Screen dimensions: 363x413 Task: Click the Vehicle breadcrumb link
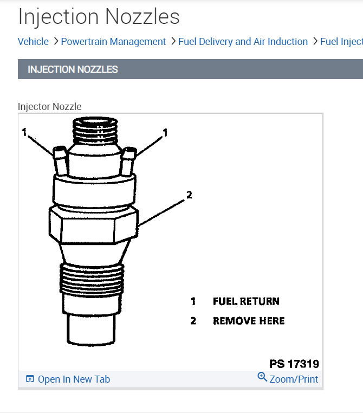coord(33,42)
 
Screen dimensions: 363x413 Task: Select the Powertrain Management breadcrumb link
coord(113,42)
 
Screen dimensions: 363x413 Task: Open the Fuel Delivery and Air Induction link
coord(243,42)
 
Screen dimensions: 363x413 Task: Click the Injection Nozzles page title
coord(99,17)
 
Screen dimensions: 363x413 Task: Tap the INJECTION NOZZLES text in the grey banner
coord(73,69)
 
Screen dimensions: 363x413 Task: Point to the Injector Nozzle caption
coord(49,107)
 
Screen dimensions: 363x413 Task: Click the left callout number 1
coord(24,132)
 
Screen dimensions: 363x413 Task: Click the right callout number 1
coord(165,132)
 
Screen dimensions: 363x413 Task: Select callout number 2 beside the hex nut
coord(189,195)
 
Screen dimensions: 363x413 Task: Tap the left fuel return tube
coord(61,160)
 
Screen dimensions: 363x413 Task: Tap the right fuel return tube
coord(128,161)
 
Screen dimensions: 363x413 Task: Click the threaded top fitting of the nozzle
coord(95,131)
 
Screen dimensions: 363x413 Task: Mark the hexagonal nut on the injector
coord(93,225)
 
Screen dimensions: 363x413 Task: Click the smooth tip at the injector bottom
coord(91,329)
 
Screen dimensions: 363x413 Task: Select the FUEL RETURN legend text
coord(246,301)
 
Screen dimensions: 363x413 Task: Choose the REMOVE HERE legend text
coord(249,321)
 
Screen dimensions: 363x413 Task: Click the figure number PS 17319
coord(294,364)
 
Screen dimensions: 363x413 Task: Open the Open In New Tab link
coord(68,379)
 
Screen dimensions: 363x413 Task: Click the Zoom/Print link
coord(288,378)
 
